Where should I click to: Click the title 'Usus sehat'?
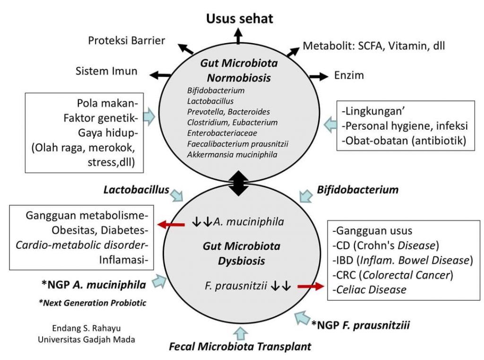coord(239,18)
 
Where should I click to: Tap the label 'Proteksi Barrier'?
coord(127,41)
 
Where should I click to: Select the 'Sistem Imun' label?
coord(106,71)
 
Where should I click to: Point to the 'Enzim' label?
coord(349,75)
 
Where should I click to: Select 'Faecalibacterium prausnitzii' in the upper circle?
coord(231,144)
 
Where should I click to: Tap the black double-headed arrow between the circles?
coord(239,183)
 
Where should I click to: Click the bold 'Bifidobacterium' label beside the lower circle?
coord(357,190)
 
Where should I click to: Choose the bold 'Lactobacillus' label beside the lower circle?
coord(137,190)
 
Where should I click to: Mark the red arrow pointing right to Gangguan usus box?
coord(310,286)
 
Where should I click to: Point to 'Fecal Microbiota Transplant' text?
coord(240,346)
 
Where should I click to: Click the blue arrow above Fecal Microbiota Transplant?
coord(240,332)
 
